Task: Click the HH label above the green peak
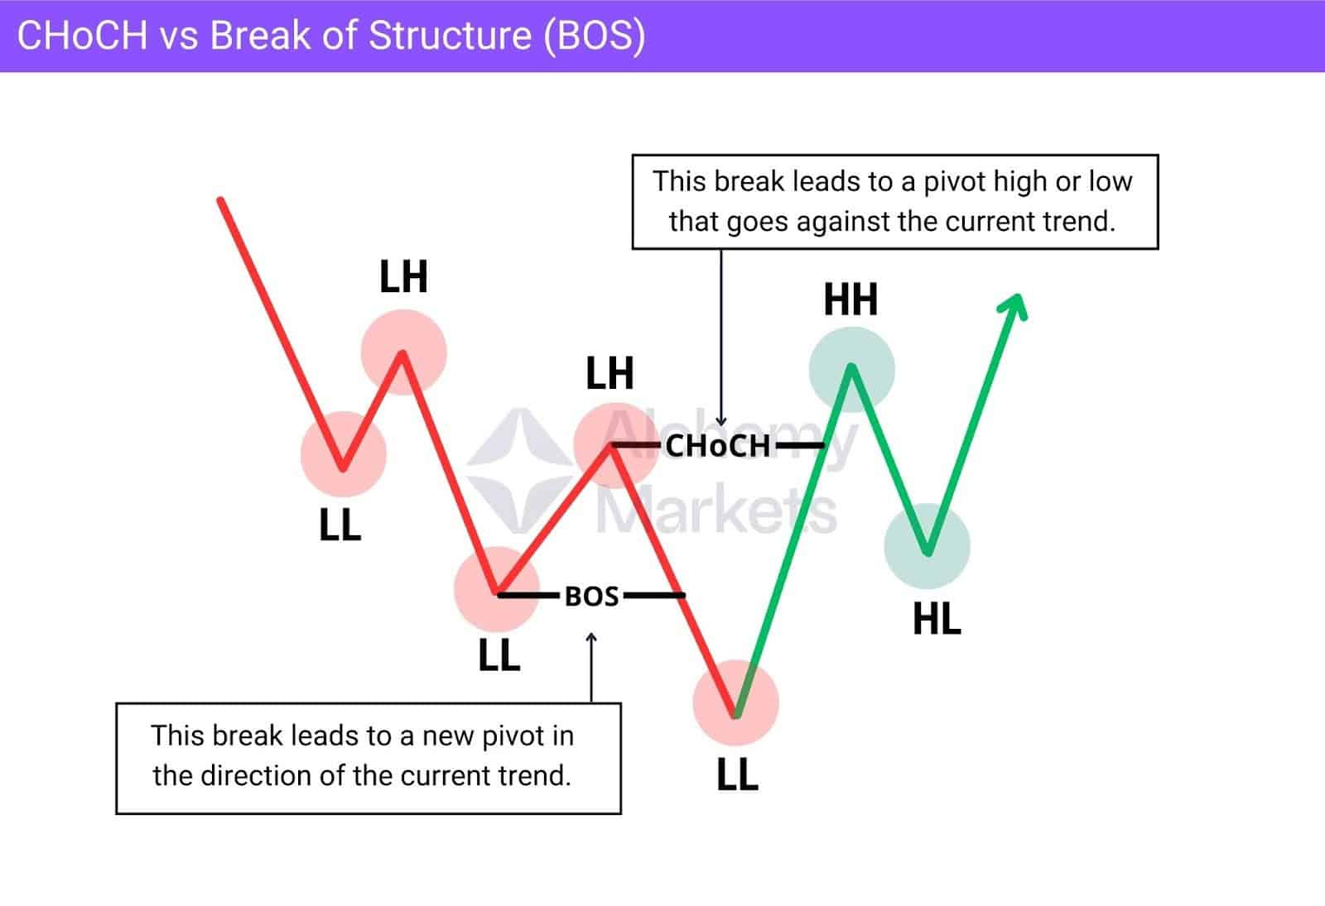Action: [x=850, y=300]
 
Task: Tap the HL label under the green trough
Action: [x=937, y=619]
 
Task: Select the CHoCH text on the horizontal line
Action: [x=717, y=446]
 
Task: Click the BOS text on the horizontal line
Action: [x=591, y=596]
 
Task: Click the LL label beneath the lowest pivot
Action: [x=737, y=775]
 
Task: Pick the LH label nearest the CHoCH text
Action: [x=609, y=374]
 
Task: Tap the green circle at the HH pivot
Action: [x=851, y=369]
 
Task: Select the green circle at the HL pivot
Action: [x=927, y=546]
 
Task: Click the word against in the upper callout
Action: [x=838, y=222]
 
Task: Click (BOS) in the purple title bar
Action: [x=594, y=36]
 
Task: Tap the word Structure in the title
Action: [x=450, y=36]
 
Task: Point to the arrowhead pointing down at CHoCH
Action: [x=721, y=421]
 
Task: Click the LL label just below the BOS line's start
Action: [x=499, y=656]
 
